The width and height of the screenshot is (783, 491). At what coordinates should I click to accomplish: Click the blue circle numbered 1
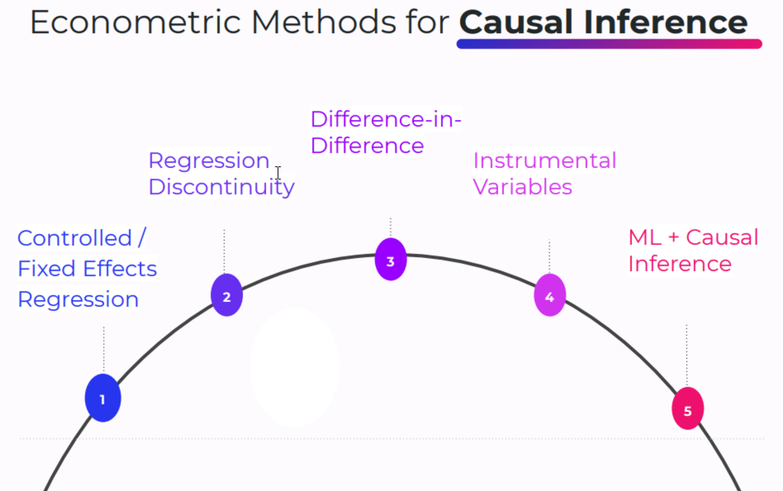pos(103,398)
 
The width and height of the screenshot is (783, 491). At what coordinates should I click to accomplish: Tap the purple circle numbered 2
pos(227,295)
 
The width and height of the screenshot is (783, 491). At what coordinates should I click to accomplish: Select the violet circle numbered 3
pos(391,259)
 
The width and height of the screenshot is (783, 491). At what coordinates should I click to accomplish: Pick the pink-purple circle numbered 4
pos(550,295)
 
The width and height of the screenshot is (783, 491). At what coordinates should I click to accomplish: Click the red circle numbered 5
pos(688,408)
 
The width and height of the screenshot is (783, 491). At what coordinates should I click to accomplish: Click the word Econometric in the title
pos(135,22)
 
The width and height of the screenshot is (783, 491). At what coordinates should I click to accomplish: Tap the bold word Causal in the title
pos(516,22)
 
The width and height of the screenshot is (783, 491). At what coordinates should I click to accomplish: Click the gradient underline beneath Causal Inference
pos(609,44)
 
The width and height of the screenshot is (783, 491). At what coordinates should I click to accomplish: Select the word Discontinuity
pos(221,187)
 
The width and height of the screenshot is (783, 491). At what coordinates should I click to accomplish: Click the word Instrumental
pos(544,160)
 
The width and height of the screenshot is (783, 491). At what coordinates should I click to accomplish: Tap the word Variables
pos(522,187)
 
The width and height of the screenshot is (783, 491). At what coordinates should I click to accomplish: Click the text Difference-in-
pos(386,119)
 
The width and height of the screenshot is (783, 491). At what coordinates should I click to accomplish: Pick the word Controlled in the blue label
pos(75,238)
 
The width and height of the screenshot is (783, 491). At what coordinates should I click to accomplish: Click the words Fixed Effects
pos(87,269)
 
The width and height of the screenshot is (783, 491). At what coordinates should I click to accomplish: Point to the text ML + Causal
pos(693,237)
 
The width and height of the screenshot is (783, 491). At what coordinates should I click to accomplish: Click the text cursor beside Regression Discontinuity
pos(278,173)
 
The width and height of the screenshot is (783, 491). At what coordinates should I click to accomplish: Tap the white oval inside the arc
pos(294,367)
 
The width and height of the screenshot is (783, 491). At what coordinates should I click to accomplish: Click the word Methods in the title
pos(323,22)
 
